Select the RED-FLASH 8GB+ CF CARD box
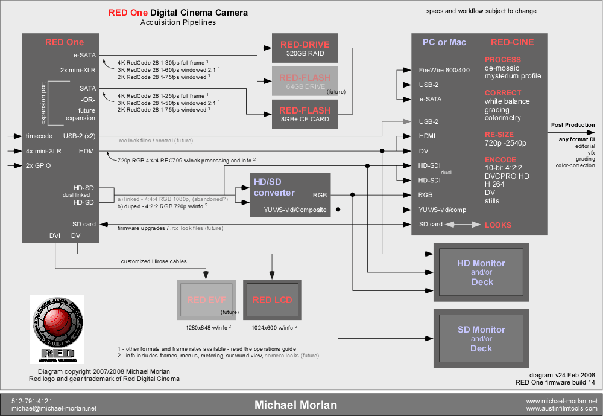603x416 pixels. click(305, 114)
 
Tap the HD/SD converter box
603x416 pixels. click(290, 195)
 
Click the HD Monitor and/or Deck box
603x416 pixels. click(481, 272)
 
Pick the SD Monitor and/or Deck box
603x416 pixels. click(481, 339)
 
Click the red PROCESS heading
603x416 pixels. click(502, 60)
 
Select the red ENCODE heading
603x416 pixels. click(500, 160)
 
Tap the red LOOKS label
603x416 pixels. click(498, 225)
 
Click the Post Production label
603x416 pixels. click(572, 125)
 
